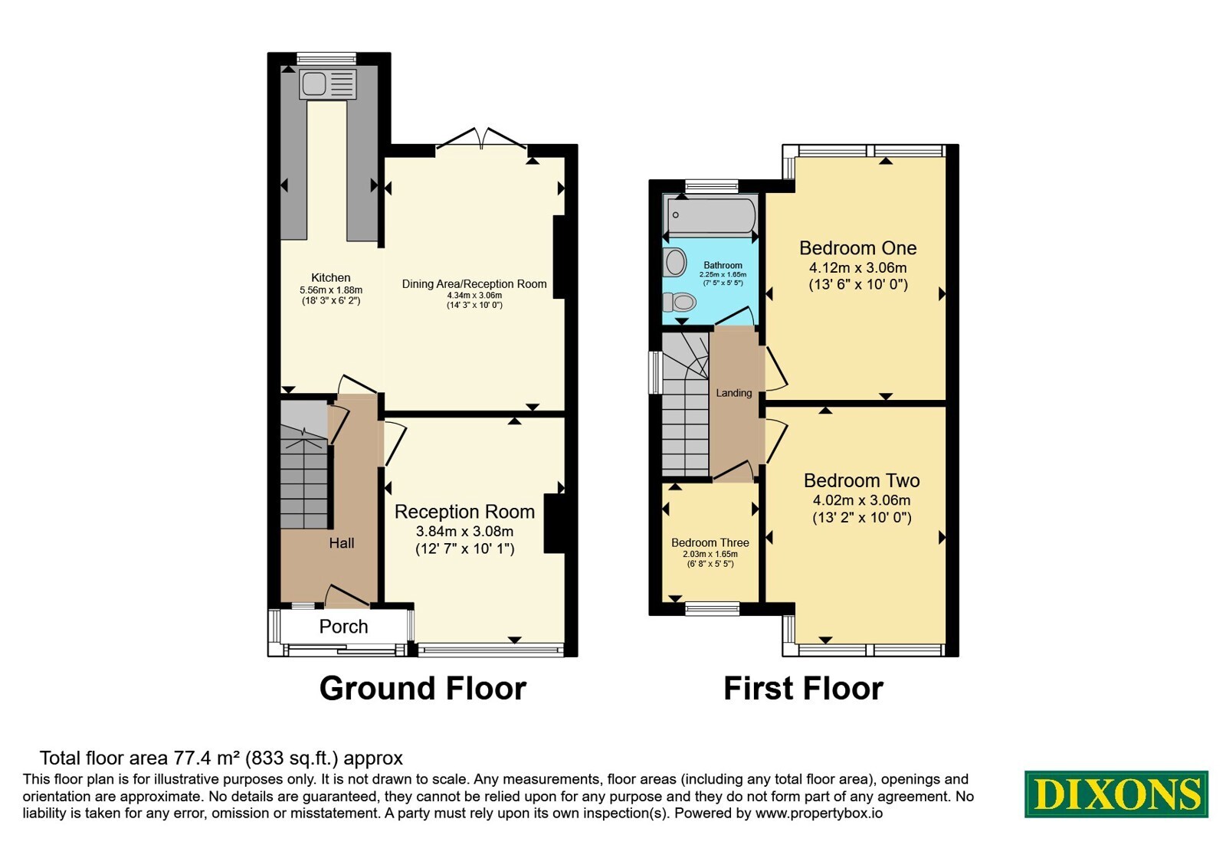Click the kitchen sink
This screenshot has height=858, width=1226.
point(327,84)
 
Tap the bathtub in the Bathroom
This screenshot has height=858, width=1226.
point(710,215)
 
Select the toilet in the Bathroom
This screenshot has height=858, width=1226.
point(679,302)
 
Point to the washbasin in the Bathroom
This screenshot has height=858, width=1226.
point(675,262)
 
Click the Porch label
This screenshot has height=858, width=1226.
point(343,627)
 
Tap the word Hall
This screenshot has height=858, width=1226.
point(342,543)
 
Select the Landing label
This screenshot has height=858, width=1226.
point(733,393)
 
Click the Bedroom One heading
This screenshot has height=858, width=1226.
point(857,248)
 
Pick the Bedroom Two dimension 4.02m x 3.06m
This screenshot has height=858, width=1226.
point(861,500)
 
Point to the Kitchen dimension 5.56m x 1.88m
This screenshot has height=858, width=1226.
point(330,290)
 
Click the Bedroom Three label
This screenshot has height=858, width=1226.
point(710,543)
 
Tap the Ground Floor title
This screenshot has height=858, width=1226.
point(422,689)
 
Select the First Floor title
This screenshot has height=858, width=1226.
point(803,689)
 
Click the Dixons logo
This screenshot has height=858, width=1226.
point(1116,794)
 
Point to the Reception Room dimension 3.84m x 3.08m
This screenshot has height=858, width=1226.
point(464,532)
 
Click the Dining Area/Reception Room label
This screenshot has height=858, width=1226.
point(474,284)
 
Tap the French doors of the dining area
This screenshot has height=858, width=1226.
point(481,139)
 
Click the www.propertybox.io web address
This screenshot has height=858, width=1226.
point(819,813)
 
